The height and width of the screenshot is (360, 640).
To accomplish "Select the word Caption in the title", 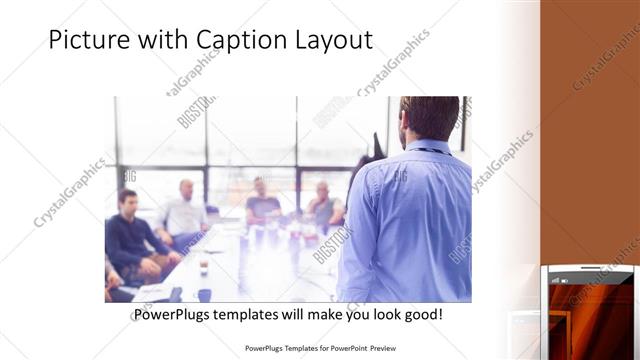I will coord(239,41).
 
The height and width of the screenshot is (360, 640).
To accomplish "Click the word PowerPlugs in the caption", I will coord(174,315).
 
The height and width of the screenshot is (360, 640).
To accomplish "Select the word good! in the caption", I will coord(424,315).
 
